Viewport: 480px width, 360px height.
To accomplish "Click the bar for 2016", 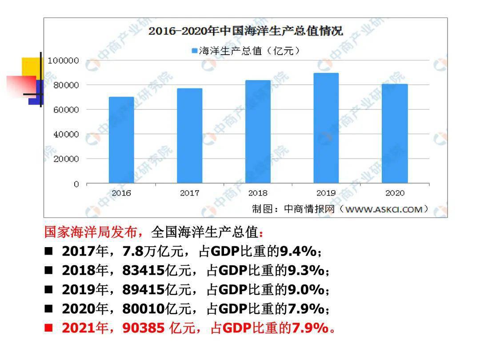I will (x=121, y=140).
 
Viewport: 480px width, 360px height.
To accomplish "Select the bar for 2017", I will (x=189, y=136).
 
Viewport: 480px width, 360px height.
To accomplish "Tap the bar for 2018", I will (x=258, y=132).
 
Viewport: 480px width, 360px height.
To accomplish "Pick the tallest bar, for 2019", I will (x=326, y=128).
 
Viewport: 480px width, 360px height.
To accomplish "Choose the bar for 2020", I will (x=394, y=133).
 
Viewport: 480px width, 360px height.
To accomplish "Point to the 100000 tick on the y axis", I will (x=63, y=60).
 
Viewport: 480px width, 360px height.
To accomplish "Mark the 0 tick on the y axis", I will (x=76, y=184).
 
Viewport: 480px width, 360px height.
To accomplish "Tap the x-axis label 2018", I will (x=258, y=193).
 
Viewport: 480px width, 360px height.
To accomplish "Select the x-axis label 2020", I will (x=394, y=193).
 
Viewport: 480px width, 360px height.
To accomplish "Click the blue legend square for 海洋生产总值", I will (x=194, y=51).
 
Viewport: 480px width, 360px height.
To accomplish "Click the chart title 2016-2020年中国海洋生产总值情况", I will (x=245, y=31).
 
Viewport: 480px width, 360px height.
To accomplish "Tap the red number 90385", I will (x=144, y=328).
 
